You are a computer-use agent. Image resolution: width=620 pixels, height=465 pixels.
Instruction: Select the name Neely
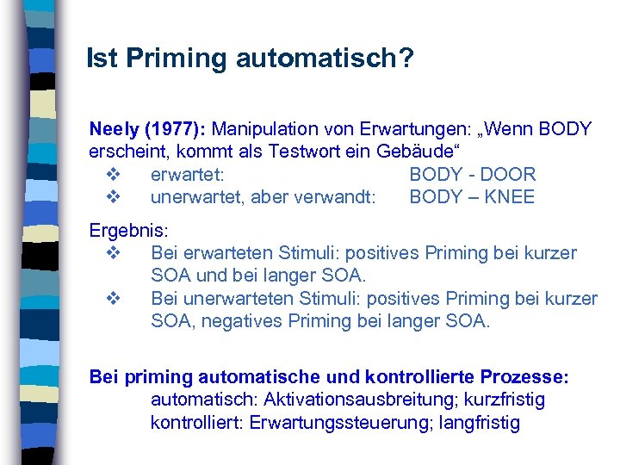[114, 130]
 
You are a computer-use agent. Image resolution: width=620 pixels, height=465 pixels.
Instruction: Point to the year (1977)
[175, 130]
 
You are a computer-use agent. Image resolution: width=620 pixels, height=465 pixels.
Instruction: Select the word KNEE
[509, 197]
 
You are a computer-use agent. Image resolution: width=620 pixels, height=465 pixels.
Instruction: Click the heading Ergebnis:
[130, 232]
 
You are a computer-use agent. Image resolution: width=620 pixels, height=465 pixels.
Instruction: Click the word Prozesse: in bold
[527, 378]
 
